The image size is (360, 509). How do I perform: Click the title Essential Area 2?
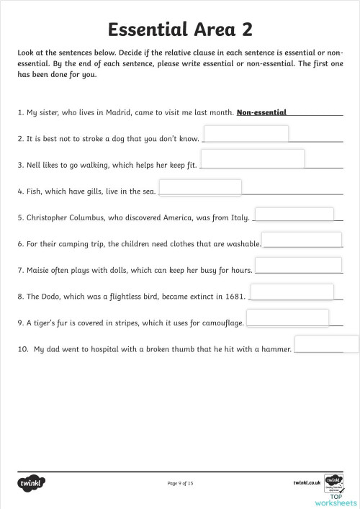[180, 30]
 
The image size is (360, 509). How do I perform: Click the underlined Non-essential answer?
[261, 112]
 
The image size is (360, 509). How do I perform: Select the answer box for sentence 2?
[246, 134]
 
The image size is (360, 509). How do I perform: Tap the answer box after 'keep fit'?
[252, 158]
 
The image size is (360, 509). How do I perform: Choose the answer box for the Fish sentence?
[199, 187]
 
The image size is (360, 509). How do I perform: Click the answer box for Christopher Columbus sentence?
[294, 214]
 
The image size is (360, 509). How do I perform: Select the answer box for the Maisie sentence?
[293, 266]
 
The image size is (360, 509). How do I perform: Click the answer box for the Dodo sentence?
[291, 292]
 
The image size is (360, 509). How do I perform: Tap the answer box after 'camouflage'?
[287, 317]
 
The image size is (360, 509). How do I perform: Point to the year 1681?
[235, 296]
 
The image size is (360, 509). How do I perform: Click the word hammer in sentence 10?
[276, 349]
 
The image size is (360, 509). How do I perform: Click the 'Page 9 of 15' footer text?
[180, 482]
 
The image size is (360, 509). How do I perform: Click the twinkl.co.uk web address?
[307, 482]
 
